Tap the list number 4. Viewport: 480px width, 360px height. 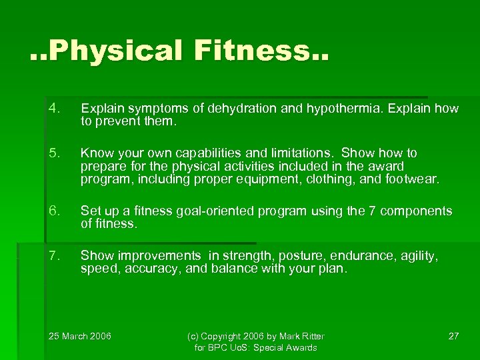pos(54,108)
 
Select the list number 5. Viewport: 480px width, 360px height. pos(54,153)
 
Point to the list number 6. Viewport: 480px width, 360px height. pos(54,211)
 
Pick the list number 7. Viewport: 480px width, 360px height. pos(54,255)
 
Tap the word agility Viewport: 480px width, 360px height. pos(413,256)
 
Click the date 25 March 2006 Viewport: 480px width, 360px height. pos(81,335)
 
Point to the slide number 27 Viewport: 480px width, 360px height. pos(453,335)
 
